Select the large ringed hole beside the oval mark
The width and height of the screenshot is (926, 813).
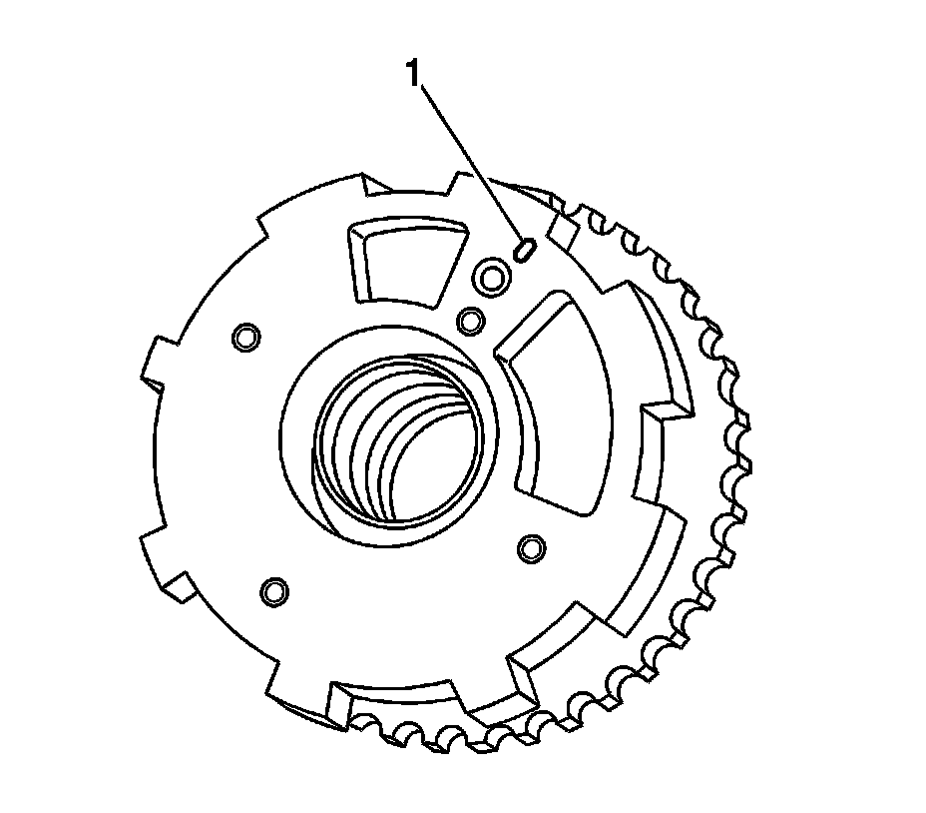[492, 276]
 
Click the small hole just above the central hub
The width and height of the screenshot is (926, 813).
[471, 321]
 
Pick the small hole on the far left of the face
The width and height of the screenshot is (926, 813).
[246, 337]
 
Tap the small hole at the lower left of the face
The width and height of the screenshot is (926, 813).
[274, 590]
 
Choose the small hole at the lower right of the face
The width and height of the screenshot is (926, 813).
[531, 548]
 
